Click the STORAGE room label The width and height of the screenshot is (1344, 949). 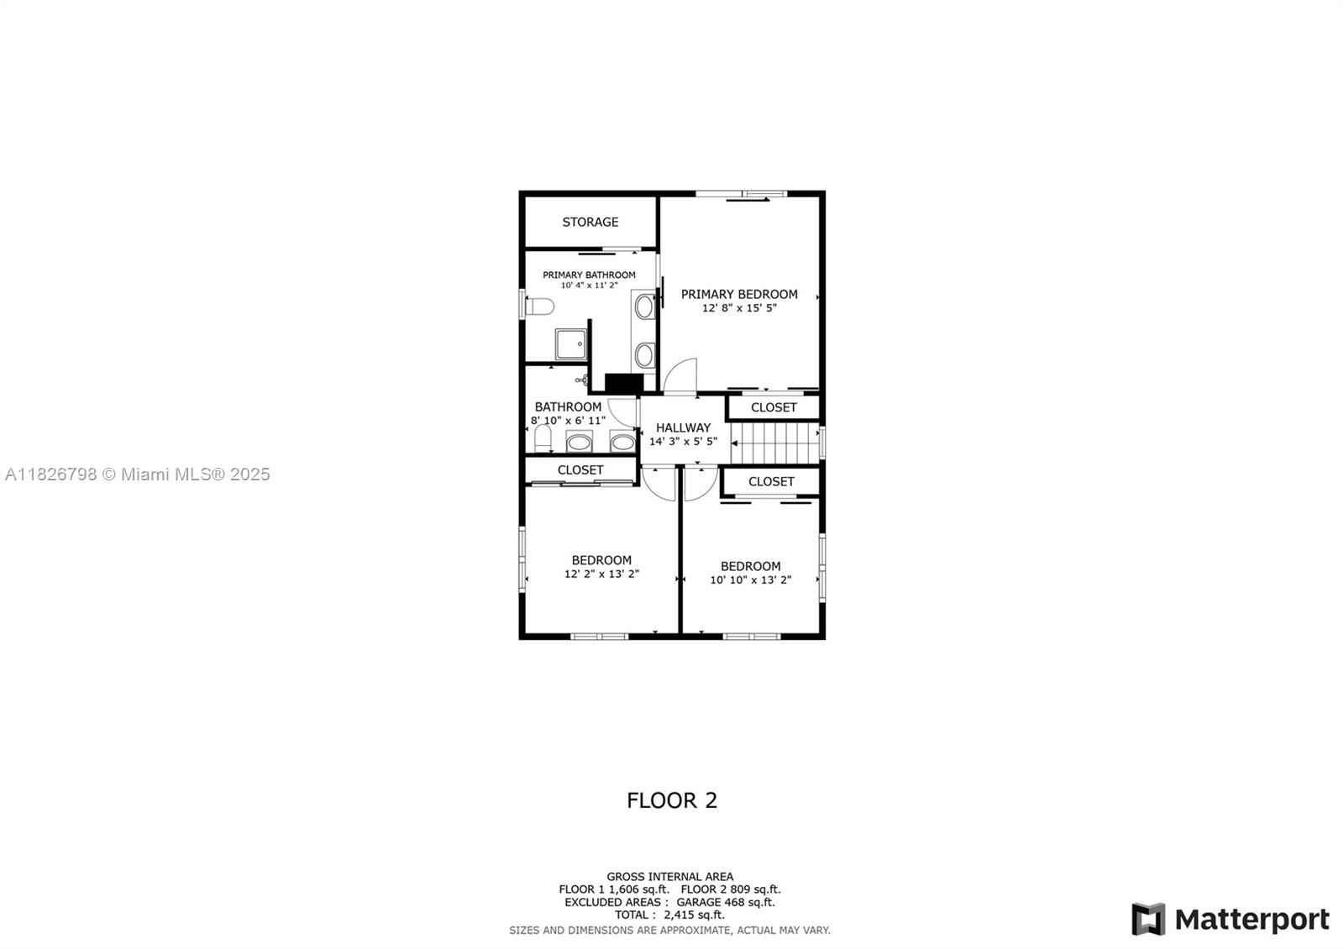click(x=590, y=222)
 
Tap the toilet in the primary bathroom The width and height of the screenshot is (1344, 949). click(x=539, y=307)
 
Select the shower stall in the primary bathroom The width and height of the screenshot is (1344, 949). click(x=570, y=344)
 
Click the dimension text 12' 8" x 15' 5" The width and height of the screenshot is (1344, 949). click(x=739, y=307)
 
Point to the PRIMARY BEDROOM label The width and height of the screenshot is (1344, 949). click(x=739, y=294)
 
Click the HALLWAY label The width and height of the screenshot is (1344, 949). click(x=683, y=427)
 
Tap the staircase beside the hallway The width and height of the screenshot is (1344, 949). click(x=775, y=443)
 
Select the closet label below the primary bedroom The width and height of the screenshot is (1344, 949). click(x=774, y=407)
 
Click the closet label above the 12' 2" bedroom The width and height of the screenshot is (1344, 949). click(x=580, y=469)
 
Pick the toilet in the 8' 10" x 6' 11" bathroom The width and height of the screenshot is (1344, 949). click(x=543, y=438)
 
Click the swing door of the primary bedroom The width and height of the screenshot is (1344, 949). click(x=680, y=376)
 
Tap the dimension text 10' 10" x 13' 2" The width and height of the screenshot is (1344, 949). click(x=751, y=580)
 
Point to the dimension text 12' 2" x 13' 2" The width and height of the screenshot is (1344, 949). click(x=601, y=574)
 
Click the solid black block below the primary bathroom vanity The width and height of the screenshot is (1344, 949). click(x=624, y=383)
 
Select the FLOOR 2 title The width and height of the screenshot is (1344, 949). click(x=672, y=800)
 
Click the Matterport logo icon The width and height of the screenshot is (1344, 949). click(x=1148, y=919)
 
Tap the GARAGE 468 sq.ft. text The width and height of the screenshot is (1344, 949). click(x=726, y=902)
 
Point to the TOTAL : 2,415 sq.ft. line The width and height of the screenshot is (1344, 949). click(x=669, y=915)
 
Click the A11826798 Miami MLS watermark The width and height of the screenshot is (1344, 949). click(x=138, y=474)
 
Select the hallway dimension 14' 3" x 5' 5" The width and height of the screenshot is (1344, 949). click(x=683, y=442)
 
